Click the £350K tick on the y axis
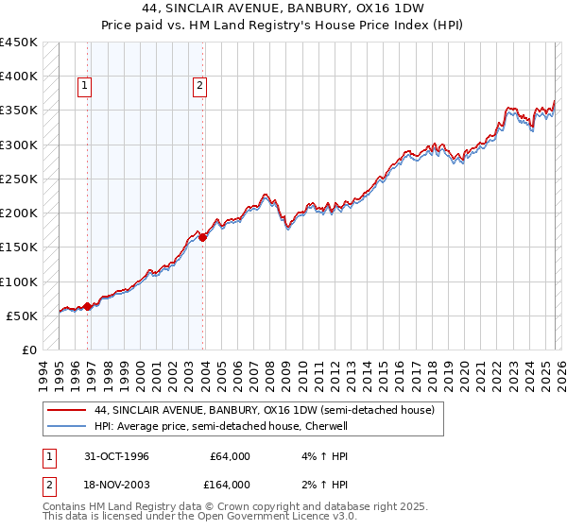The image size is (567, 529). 19,111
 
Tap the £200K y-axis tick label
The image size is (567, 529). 19,213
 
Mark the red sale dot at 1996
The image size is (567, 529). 88,306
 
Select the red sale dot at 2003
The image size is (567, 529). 202,238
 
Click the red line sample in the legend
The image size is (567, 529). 66,410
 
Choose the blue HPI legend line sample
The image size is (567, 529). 66,426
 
